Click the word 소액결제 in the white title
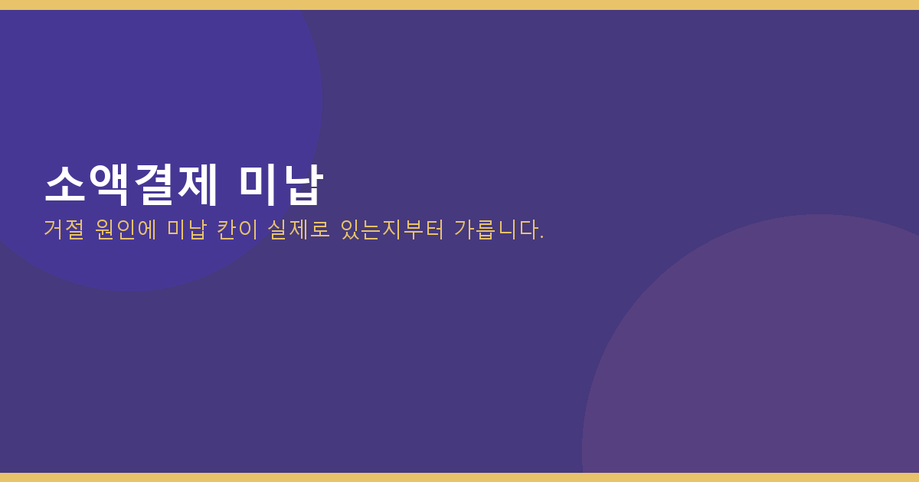click(131, 185)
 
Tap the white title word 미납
click(281, 185)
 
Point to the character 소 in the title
click(65, 185)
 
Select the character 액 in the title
click(109, 185)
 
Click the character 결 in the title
click(153, 185)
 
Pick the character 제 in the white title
click(197, 185)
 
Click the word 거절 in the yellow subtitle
click(64, 229)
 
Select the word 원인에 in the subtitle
click(126, 229)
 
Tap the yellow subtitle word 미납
click(186, 229)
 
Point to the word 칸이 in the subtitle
click(237, 229)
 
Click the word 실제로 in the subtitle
click(299, 229)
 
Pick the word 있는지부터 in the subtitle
click(392, 229)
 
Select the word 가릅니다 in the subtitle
click(495, 229)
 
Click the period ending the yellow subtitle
click(542, 237)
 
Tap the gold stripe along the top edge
click(459, 5)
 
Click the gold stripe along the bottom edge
click(459, 477)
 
